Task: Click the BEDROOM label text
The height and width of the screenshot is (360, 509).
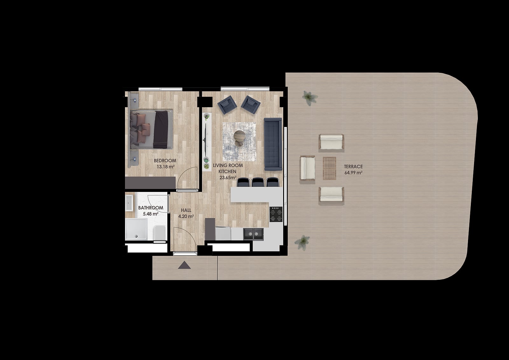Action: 165,160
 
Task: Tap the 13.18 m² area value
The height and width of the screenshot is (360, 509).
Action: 166,167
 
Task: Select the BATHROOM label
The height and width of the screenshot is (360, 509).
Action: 151,208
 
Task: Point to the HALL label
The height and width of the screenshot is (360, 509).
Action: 186,210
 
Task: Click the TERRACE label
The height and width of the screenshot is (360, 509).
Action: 353,166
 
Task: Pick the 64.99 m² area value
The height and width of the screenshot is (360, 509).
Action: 353,173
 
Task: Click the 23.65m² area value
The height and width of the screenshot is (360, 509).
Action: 228,178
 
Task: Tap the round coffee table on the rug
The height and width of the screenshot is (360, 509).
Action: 239,136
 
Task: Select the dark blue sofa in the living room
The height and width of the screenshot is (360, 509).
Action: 273,144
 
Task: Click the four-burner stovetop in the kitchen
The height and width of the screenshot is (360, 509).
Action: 276,214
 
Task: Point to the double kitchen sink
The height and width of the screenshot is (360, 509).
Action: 253,234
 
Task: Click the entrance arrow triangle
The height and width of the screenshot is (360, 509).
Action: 184,265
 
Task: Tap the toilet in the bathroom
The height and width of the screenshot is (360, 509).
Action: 160,232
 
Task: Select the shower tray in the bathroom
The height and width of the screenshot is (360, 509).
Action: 136,229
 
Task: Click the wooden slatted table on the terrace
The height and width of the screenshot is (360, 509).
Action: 330,168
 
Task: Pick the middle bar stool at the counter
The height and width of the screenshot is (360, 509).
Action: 258,182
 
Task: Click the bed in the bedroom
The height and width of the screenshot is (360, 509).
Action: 151,130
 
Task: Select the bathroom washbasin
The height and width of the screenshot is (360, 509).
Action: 129,203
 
